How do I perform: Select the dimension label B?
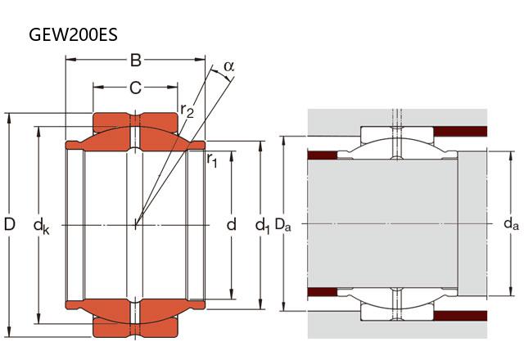point(136,60)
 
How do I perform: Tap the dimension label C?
point(136,86)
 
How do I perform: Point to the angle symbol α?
point(228,65)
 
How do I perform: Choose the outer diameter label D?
point(10,223)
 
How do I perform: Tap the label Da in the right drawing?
point(283,223)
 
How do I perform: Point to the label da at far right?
point(510,223)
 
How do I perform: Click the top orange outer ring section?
point(136,121)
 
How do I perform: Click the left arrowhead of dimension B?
point(69,60)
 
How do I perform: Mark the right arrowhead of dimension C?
point(175,86)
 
